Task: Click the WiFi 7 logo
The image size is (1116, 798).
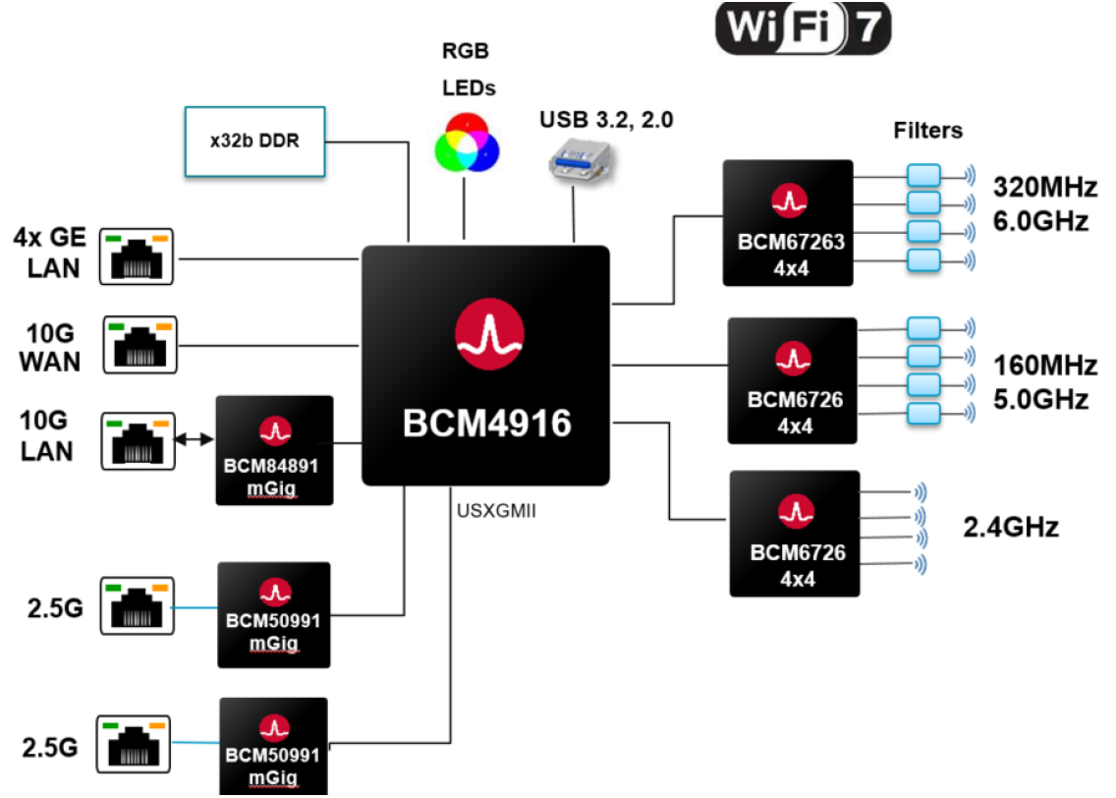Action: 803,28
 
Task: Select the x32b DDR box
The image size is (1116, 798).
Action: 254,142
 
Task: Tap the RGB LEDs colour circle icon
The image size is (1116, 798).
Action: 469,142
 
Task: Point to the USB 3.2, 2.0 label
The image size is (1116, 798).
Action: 606,121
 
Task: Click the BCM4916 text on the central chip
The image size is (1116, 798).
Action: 486,424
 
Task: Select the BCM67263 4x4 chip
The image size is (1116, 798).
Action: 787,222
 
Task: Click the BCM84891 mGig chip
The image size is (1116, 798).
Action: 274,450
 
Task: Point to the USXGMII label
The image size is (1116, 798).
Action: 496,512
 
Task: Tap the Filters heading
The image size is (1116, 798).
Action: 928,130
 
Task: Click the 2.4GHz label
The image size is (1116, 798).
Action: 1011,528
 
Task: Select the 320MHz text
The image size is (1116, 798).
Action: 1040,187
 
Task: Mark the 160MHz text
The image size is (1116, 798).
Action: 1044,367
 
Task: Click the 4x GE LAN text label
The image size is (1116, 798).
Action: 50,252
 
